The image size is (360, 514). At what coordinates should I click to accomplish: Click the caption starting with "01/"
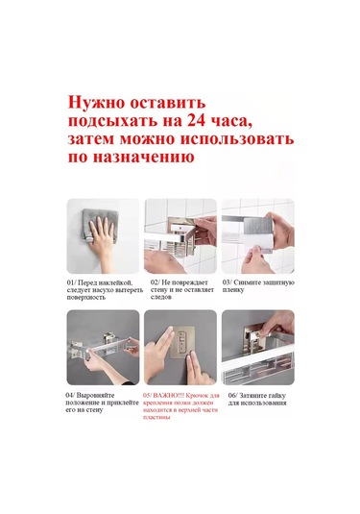point(103,289)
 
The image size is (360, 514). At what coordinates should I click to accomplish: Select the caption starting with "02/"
point(180,289)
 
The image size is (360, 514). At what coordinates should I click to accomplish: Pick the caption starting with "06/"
point(256,399)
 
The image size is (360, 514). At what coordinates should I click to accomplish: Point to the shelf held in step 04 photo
point(103,354)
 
